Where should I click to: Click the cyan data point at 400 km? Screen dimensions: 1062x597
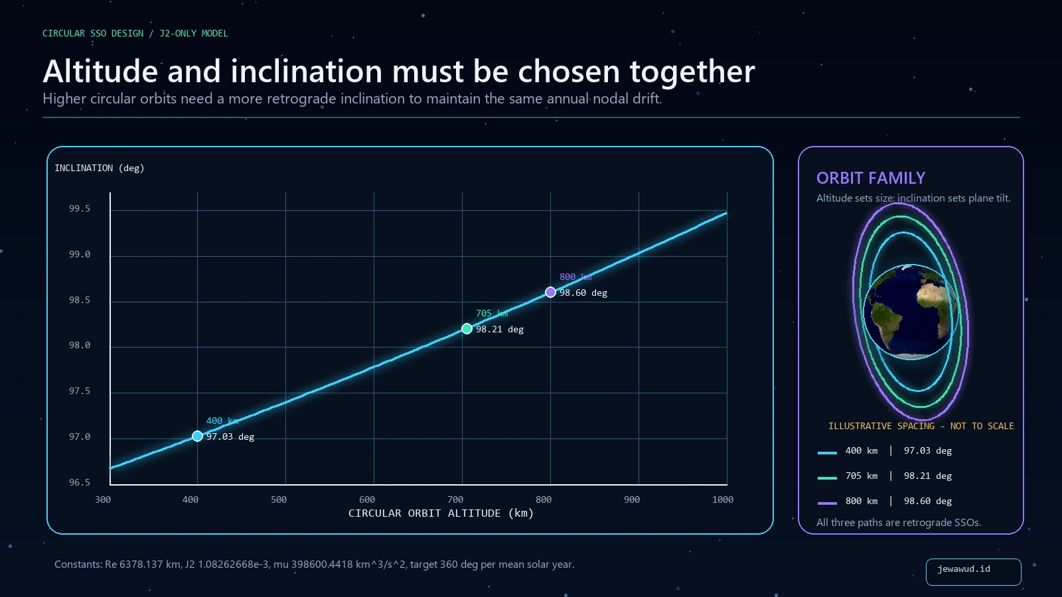pyautogui.click(x=197, y=436)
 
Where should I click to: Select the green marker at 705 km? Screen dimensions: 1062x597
pyautogui.click(x=467, y=329)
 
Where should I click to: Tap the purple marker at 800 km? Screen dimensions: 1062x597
pyautogui.click(x=550, y=293)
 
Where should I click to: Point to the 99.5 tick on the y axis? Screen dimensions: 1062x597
pyautogui.click(x=80, y=209)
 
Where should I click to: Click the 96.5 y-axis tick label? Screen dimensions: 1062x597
pyautogui.click(x=80, y=482)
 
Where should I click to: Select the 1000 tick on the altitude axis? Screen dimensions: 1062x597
pyautogui.click(x=723, y=499)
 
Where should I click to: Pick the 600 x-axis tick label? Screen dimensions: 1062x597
pyautogui.click(x=367, y=499)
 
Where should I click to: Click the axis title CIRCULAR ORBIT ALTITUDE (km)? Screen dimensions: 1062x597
pyautogui.click(x=441, y=513)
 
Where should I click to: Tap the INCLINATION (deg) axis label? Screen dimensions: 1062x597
pyautogui.click(x=100, y=168)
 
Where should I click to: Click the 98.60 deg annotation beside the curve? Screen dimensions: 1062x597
pyautogui.click(x=583, y=293)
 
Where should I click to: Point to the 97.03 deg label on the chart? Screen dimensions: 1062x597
pyautogui.click(x=230, y=437)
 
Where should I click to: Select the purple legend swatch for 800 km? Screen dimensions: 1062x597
pyautogui.click(x=827, y=503)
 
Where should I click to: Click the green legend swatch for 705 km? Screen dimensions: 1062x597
pyautogui.click(x=827, y=478)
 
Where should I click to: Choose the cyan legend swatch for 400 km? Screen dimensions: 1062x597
pyautogui.click(x=827, y=453)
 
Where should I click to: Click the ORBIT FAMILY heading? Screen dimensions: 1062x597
pyautogui.click(x=871, y=178)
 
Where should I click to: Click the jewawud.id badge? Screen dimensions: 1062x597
pyautogui.click(x=973, y=572)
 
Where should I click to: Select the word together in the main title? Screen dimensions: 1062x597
pyautogui.click(x=692, y=72)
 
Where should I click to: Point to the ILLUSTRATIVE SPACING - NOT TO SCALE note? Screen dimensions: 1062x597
pyautogui.click(x=921, y=426)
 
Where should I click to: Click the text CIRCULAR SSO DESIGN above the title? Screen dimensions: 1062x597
pyautogui.click(x=93, y=34)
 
